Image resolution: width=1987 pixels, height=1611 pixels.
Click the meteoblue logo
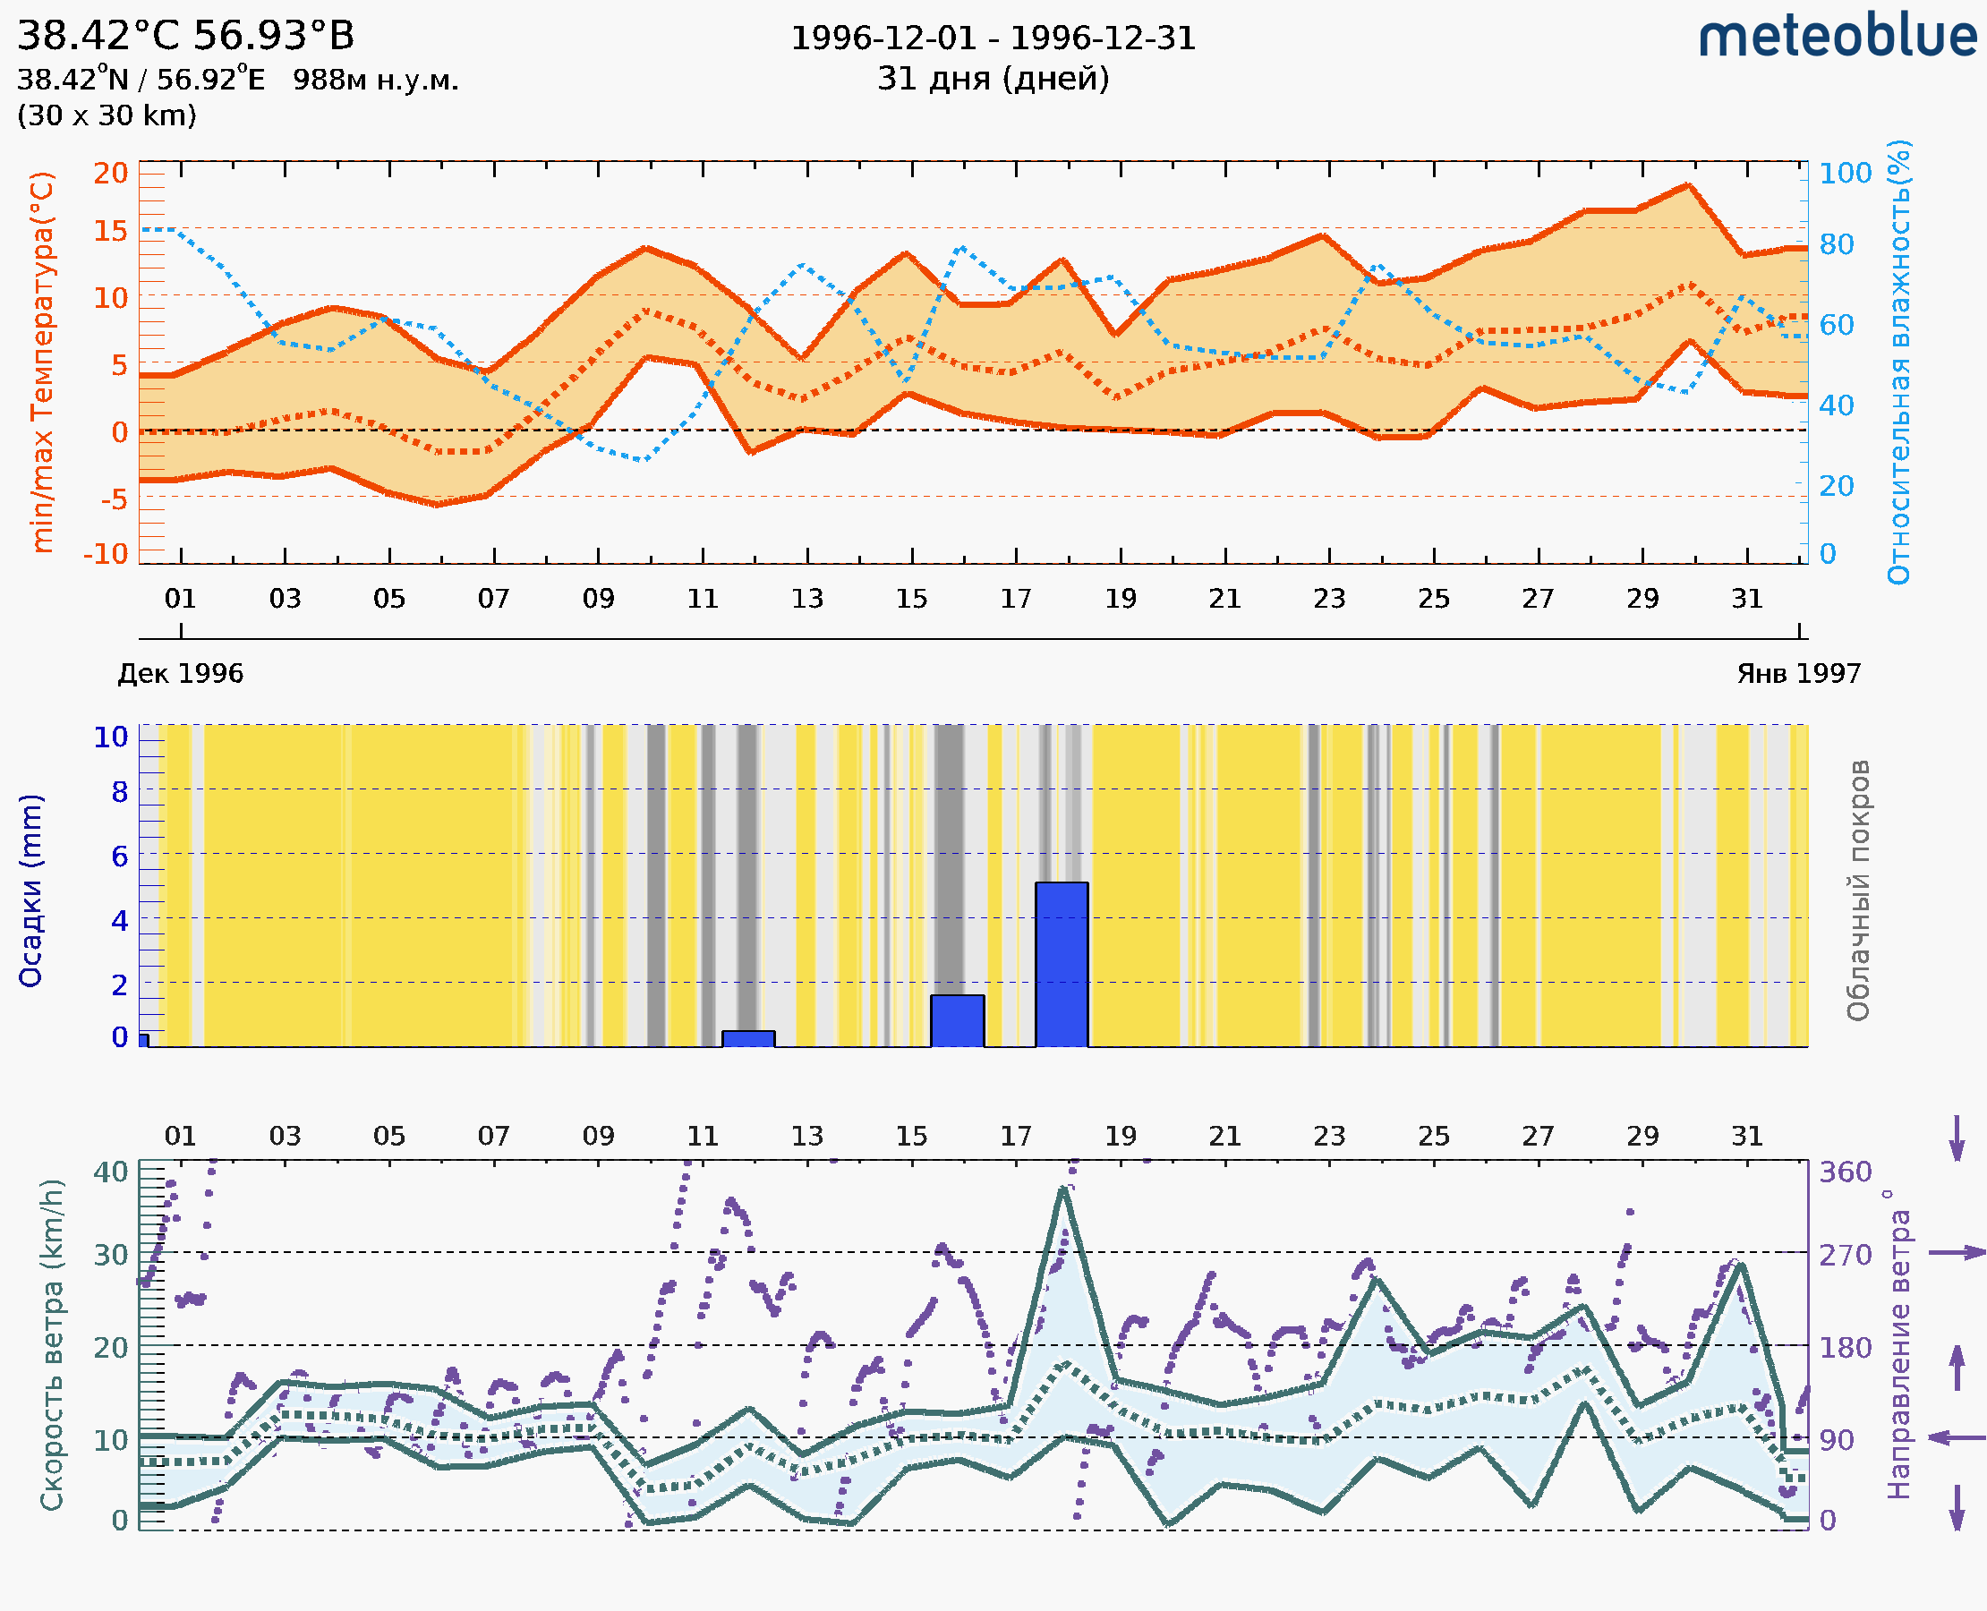1838,37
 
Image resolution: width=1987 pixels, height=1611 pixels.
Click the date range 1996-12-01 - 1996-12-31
993,38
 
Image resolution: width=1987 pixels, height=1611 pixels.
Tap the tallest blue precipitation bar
1062,964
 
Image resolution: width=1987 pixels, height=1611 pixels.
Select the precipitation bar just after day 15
957,1021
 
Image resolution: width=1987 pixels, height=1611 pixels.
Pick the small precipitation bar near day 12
748,1038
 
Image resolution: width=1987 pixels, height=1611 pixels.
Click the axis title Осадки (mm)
30,891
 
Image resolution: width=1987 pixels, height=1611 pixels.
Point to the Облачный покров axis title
1858,891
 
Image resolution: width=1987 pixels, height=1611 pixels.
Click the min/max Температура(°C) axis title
42,362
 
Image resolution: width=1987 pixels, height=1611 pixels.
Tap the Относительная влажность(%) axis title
1898,362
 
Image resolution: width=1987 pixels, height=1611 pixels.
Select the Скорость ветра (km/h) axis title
52,1344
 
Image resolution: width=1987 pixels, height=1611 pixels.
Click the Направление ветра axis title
1898,1344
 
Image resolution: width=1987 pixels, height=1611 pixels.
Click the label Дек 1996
180,674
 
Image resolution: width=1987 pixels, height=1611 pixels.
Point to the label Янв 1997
1799,674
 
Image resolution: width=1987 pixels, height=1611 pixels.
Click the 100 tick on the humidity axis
1845,174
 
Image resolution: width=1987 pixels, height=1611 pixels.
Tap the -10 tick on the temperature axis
106,554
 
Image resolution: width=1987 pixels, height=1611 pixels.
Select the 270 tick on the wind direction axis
1845,1256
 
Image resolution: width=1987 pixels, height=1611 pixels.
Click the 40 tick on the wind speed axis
110,1172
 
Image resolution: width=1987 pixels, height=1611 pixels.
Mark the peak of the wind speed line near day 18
1063,1189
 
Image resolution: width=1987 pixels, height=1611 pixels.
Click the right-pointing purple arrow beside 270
1957,1253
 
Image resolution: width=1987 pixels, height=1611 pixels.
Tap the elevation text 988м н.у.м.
375,81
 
